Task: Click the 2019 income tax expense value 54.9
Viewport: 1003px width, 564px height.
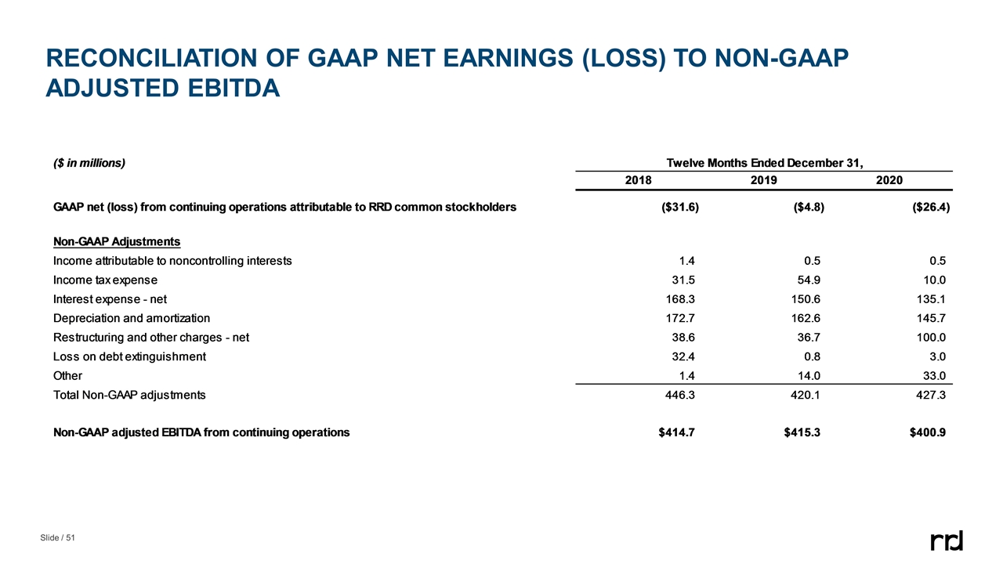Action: pos(808,280)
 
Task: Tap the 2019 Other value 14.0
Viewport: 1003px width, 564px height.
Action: pos(808,376)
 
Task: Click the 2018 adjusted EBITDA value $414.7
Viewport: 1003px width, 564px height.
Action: pos(676,432)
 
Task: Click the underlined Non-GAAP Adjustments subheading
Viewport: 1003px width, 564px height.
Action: pos(116,241)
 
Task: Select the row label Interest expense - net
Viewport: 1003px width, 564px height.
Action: pos(109,299)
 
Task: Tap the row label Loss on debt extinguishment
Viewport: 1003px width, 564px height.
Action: pos(129,356)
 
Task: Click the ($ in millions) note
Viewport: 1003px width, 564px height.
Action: pos(89,164)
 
